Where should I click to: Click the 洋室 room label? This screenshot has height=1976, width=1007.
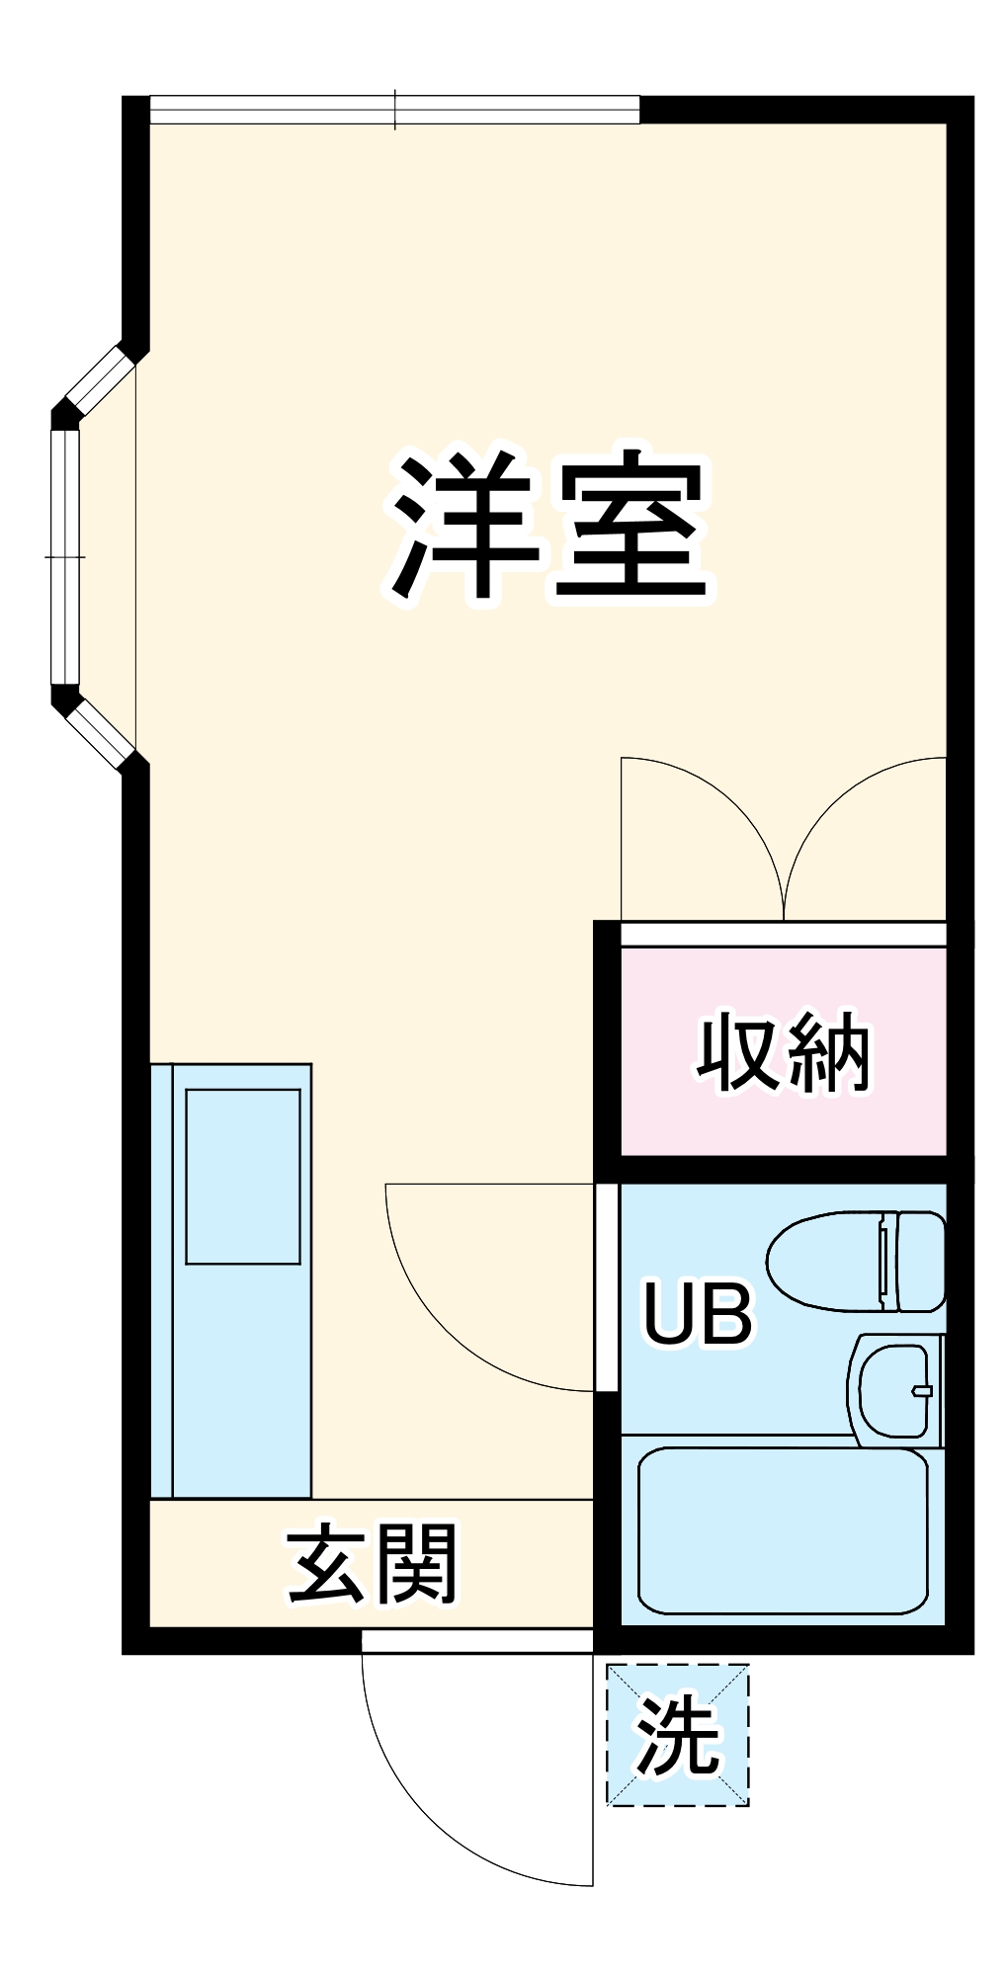549,528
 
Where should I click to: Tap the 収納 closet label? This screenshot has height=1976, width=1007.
783,1053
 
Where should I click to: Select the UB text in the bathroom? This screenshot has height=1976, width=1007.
698,1313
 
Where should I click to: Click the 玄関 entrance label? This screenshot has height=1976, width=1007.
373,1563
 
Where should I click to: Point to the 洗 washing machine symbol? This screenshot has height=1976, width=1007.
678,1736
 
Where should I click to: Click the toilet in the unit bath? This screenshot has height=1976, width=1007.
840,1262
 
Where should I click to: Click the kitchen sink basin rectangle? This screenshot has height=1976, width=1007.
243,1176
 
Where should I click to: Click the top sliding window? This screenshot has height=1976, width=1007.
395,110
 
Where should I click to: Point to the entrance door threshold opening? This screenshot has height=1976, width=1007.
477,1641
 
